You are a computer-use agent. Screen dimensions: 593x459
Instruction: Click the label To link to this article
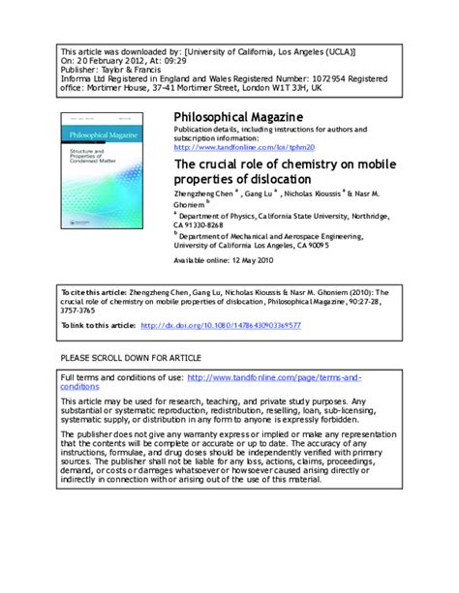coord(98,326)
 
